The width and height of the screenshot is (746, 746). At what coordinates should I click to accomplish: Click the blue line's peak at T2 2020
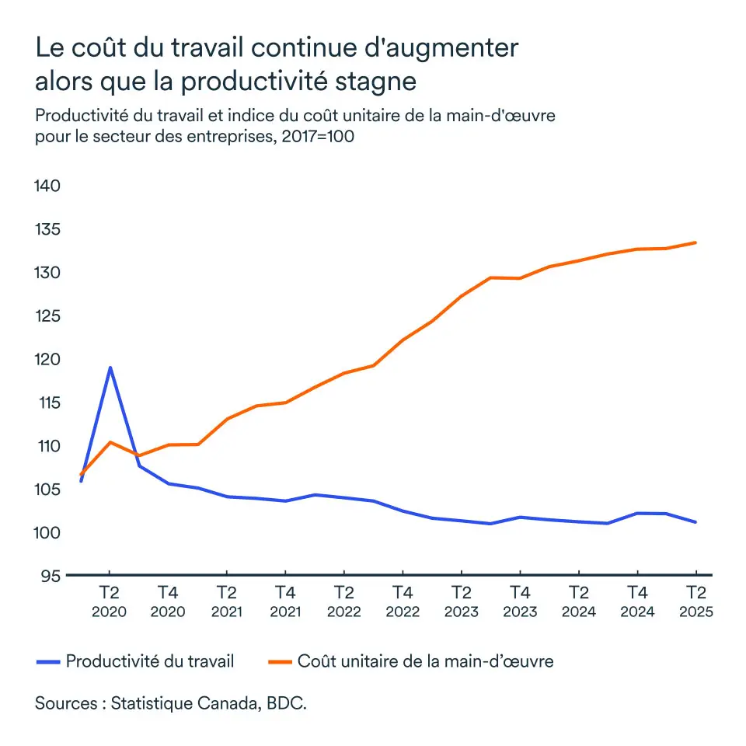pos(110,368)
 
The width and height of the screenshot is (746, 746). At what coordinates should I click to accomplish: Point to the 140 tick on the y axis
pos(48,186)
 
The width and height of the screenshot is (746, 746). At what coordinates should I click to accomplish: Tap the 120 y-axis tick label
pos(48,360)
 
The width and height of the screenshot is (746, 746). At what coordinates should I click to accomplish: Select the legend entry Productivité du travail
pos(150,661)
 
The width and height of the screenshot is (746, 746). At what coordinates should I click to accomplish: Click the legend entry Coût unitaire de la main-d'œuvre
pos(425,661)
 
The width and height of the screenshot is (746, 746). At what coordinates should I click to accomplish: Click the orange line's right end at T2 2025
pos(695,242)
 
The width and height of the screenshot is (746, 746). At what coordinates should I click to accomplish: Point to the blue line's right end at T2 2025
pos(695,522)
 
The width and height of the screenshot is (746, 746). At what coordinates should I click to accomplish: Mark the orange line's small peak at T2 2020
pos(110,442)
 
